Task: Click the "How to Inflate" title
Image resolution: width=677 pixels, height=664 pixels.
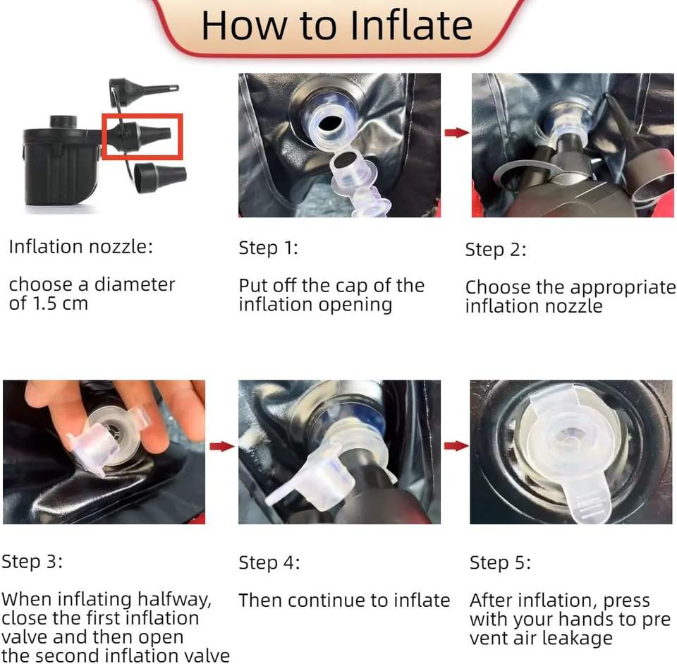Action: click(x=337, y=25)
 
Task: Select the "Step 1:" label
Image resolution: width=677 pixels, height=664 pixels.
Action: click(x=268, y=248)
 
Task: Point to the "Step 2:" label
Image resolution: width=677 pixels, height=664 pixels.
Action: click(x=496, y=250)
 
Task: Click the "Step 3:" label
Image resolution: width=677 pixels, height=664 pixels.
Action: click(x=32, y=562)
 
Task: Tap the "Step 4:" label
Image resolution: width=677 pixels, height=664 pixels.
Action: click(x=269, y=563)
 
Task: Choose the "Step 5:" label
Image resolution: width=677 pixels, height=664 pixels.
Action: click(x=501, y=563)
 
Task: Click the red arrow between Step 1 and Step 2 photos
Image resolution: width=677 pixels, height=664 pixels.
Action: click(x=457, y=133)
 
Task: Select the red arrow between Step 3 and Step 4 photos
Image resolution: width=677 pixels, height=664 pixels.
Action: click(x=222, y=446)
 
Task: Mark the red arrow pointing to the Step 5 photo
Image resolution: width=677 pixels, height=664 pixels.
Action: click(x=456, y=446)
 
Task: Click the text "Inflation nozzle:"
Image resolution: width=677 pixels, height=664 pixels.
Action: click(x=80, y=247)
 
